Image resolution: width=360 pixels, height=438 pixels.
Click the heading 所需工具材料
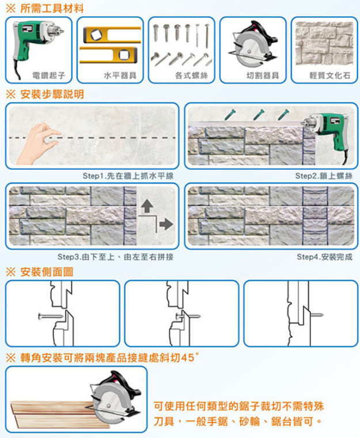click(x=51, y=9)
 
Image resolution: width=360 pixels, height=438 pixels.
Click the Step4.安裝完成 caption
click(x=324, y=257)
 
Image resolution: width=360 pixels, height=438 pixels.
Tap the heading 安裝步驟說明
click(x=51, y=94)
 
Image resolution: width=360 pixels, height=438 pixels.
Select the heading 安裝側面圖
click(x=46, y=271)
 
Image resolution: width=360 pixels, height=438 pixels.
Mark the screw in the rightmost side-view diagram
click(x=316, y=314)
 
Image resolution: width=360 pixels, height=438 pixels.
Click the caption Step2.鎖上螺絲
click(x=323, y=176)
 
